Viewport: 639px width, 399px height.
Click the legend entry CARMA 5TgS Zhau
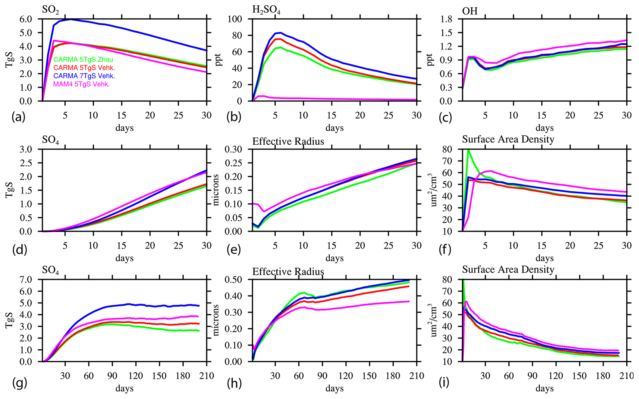[x=83, y=60]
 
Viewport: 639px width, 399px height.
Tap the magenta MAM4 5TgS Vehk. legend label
[x=82, y=84]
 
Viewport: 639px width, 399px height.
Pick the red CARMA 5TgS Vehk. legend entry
[x=84, y=68]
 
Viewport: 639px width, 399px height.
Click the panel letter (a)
[x=19, y=117]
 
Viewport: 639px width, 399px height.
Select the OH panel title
[x=470, y=11]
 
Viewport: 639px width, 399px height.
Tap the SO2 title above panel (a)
[x=50, y=10]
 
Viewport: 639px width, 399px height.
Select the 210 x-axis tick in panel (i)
[x=627, y=376]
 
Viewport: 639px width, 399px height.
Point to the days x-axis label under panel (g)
[x=124, y=388]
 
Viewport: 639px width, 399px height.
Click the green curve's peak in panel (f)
[x=468, y=150]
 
